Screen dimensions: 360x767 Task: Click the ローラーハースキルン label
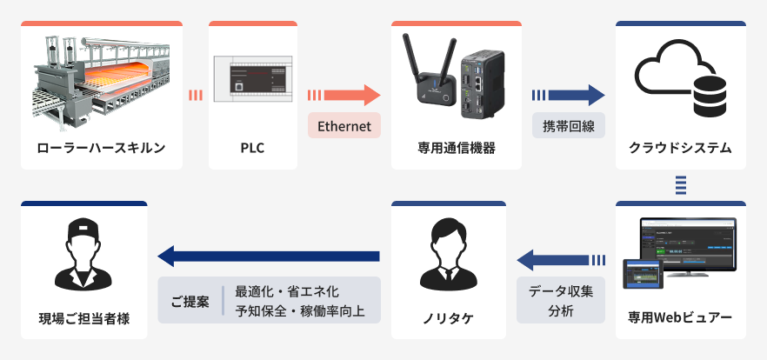102,147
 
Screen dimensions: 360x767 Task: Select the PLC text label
252,147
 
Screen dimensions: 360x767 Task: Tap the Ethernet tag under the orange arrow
344,126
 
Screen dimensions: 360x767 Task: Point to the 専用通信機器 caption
457,147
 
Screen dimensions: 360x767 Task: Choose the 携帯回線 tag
568,126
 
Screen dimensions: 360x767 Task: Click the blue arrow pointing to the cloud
569,95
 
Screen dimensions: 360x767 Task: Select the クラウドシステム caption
680,147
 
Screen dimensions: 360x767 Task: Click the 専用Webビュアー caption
680,317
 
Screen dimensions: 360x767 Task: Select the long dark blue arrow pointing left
270,256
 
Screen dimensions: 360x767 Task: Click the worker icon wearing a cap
83,253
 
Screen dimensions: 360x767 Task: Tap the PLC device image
252,77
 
